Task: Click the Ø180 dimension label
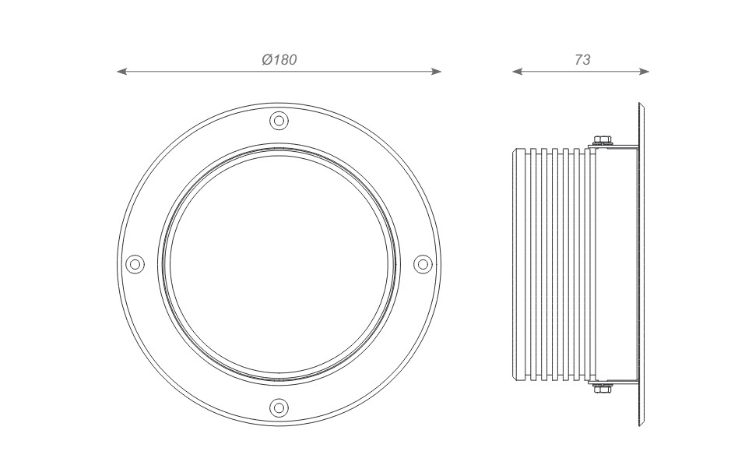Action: pos(279,59)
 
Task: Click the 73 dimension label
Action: pos(582,59)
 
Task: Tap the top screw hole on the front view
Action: pos(279,120)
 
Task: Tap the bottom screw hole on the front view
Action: pos(279,408)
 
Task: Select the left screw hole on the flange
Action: pos(135,264)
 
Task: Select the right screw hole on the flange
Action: pos(423,264)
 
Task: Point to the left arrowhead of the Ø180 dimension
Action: pos(121,72)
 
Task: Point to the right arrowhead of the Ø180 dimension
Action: pos(436,72)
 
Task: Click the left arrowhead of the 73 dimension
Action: pos(518,72)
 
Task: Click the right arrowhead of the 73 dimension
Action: pos(644,72)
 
